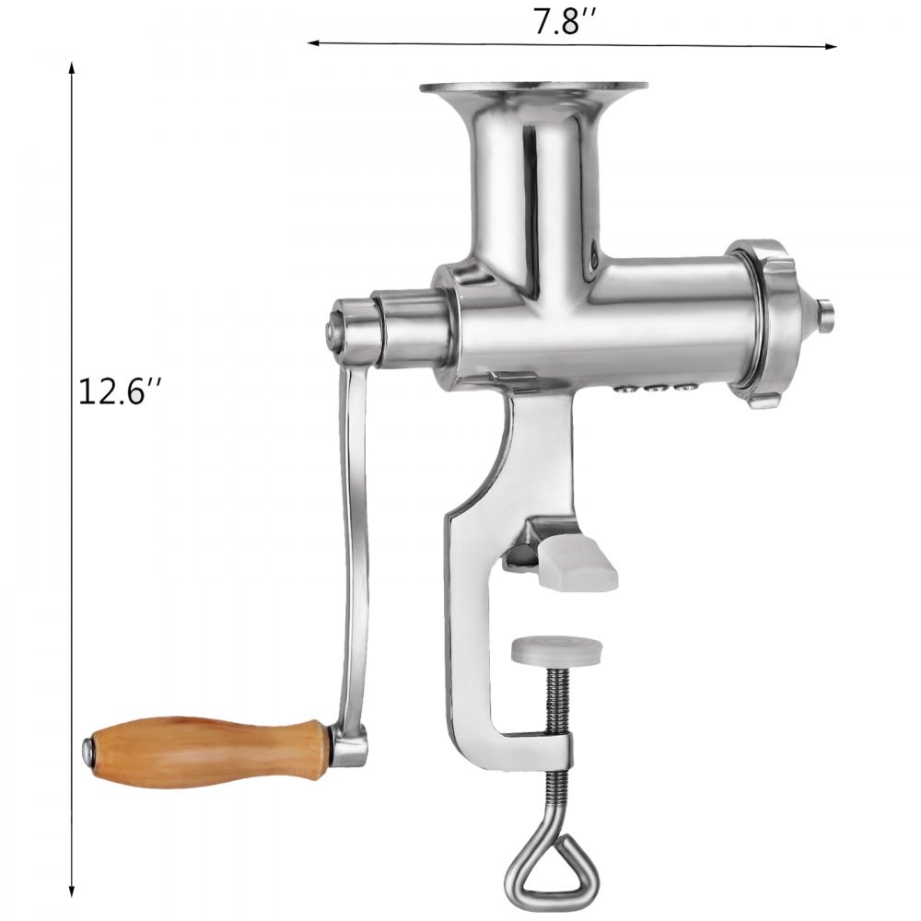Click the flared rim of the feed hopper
click(x=533, y=89)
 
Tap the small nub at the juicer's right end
click(x=825, y=313)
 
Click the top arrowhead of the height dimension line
click(x=71, y=69)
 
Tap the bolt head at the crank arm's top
click(x=332, y=328)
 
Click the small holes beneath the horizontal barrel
click(x=659, y=390)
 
